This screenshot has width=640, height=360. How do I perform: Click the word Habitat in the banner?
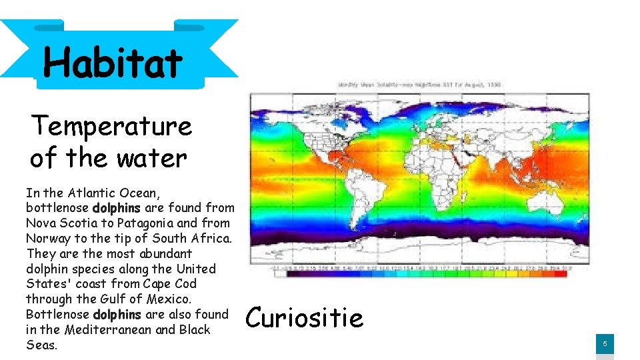113,63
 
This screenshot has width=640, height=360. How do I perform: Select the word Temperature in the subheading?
111,125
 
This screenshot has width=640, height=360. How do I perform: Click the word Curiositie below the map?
305,318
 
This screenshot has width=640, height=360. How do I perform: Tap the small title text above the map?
419,85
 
